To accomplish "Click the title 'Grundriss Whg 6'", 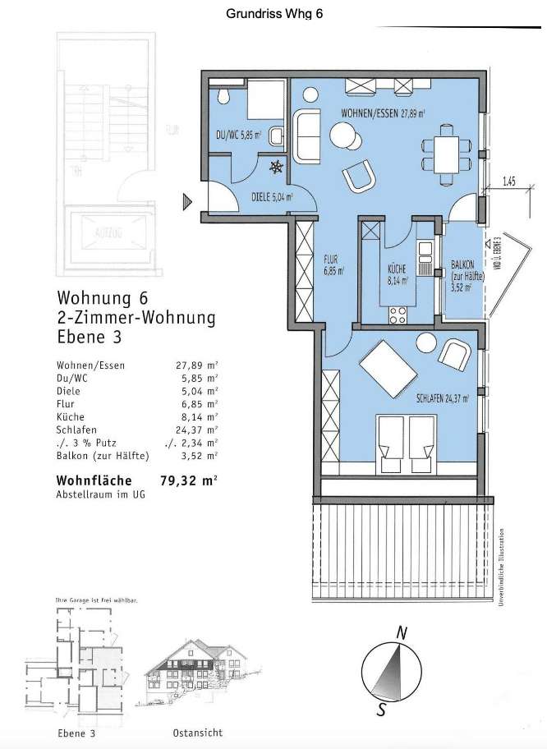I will pyautogui.click(x=273, y=14).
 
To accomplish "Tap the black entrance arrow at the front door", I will pyautogui.click(x=188, y=199).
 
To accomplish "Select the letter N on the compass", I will pyautogui.click(x=402, y=632).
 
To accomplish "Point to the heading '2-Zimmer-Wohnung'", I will pyautogui.click(x=136, y=317).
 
